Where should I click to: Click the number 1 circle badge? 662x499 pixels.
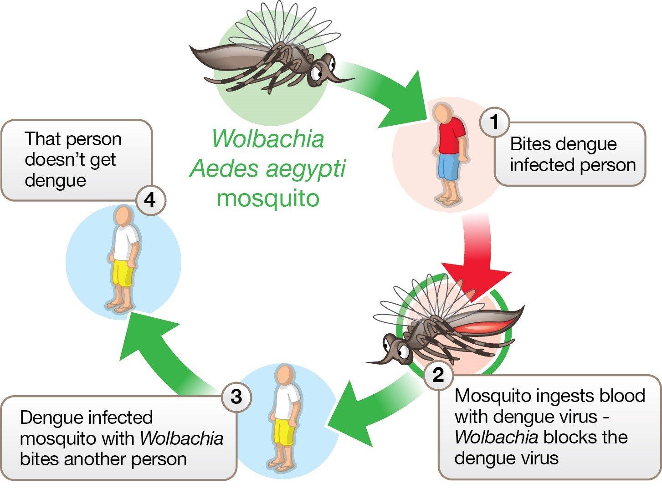494,122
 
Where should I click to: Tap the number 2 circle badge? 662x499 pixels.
438,375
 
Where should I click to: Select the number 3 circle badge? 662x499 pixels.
236,397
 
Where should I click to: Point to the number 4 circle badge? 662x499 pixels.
150,200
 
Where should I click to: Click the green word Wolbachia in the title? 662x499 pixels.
268,139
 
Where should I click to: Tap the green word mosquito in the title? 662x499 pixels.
268,199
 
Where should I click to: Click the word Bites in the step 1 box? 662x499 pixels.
529,144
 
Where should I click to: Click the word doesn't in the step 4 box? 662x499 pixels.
70,159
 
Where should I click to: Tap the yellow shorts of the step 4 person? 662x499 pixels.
123,273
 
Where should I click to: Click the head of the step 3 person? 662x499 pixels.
286,375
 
